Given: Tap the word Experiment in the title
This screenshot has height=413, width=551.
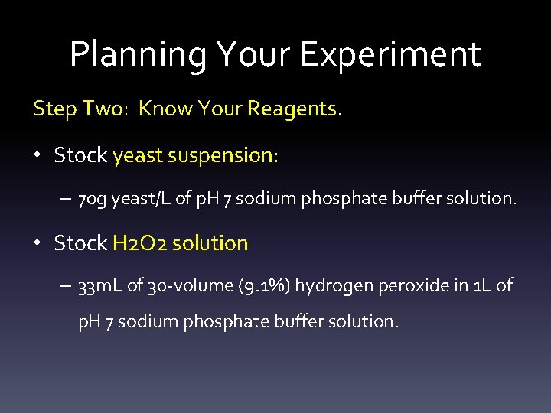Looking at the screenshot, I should click(x=390, y=55).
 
